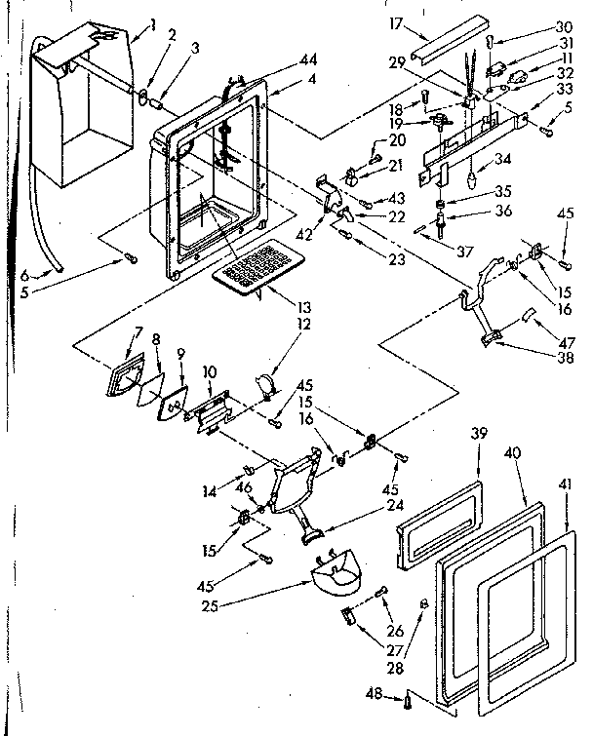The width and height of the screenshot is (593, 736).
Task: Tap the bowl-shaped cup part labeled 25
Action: tap(336, 575)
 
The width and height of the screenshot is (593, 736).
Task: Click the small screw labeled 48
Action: tap(408, 697)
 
